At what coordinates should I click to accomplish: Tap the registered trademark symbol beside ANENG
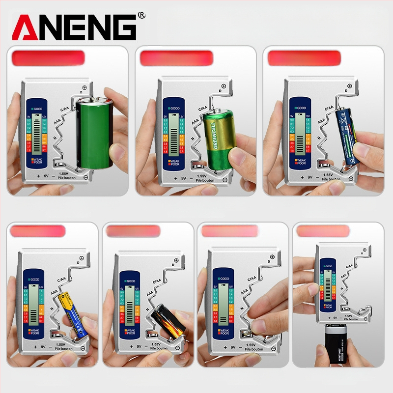(x=142, y=16)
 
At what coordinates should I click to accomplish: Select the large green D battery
(x=95, y=133)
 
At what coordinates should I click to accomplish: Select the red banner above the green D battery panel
(x=48, y=58)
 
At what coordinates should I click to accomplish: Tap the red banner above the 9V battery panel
(x=323, y=231)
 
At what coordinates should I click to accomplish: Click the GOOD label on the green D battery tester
(x=37, y=108)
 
